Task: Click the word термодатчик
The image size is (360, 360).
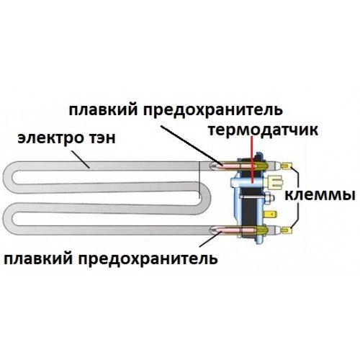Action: [263, 130]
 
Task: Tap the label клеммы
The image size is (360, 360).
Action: [320, 195]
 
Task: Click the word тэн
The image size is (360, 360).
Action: [100, 139]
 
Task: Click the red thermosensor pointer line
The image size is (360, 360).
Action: [251, 159]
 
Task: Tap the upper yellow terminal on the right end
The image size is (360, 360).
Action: [287, 166]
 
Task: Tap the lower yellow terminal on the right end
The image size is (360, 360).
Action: [287, 230]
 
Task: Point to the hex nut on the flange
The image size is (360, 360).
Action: [270, 198]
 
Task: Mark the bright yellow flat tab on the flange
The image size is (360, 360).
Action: [271, 214]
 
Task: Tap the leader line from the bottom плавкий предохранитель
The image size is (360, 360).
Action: [209, 239]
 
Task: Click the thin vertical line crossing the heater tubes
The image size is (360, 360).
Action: [199, 180]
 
